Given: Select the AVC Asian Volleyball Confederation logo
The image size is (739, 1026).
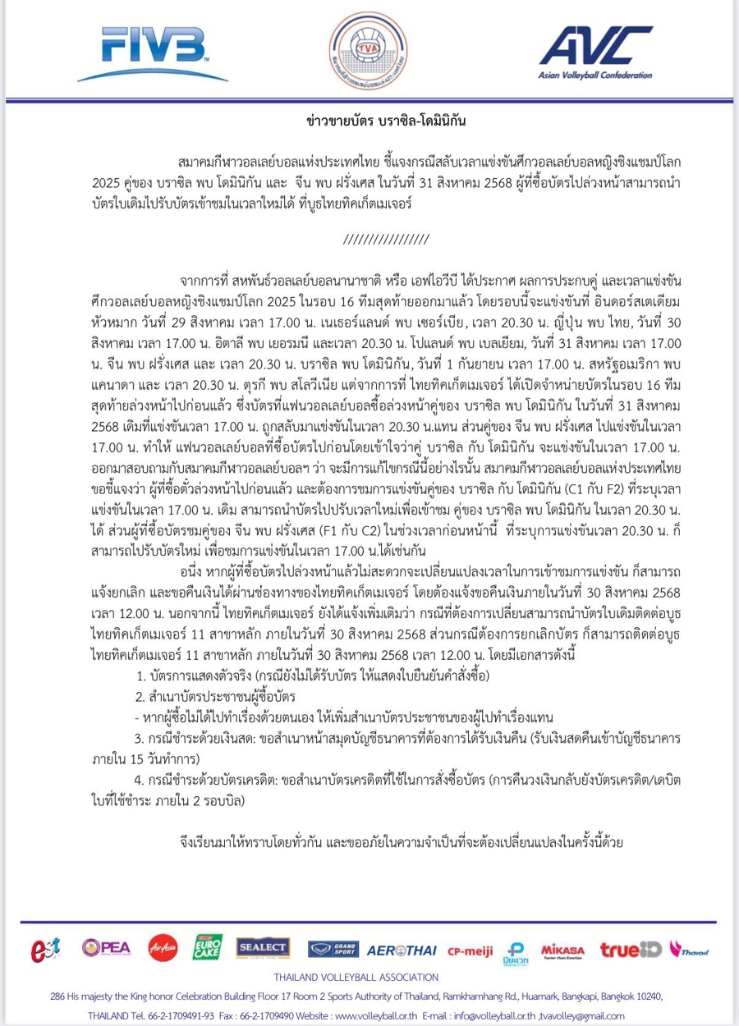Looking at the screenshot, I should coord(595,53).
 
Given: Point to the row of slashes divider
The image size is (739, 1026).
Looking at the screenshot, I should coord(385,239).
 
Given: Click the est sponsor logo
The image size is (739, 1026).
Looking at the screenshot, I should coord(47,949).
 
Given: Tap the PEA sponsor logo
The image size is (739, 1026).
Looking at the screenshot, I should coord(106,947).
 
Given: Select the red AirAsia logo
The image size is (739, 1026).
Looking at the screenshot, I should coord(163,948).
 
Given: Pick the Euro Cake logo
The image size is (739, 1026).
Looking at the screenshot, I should coord(209,947).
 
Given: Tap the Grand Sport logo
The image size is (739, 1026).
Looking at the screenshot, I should coord(333,949).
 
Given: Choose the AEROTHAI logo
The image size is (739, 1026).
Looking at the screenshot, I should coord(402,950).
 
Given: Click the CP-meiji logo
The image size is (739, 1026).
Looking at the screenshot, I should coord(470,950).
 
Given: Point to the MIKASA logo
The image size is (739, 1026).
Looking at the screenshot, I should coord(563,949).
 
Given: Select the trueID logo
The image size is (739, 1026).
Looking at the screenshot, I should coord(631,950).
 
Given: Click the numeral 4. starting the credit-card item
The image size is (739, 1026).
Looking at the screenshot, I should coord(138,776).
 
